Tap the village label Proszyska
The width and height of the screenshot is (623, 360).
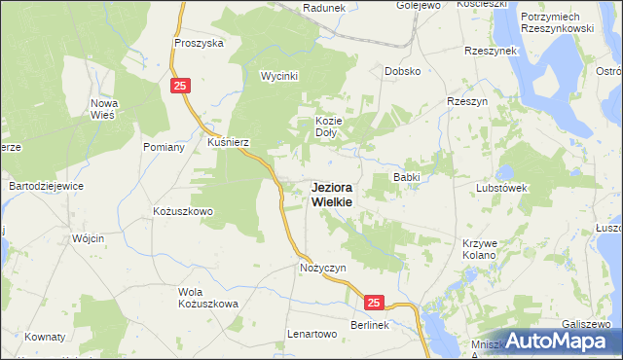[x=199, y=43]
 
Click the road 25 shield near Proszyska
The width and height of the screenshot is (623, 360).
[x=180, y=87]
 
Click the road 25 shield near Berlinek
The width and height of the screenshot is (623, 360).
[x=377, y=304]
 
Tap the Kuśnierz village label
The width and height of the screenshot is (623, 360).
[x=229, y=142]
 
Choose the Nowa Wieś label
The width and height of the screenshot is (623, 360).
[x=102, y=108]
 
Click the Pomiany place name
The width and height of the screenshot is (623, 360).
[x=164, y=147]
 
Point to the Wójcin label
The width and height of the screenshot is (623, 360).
[x=88, y=238]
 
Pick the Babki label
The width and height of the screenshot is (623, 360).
[x=405, y=177]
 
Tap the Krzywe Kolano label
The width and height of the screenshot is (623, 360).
[x=480, y=248]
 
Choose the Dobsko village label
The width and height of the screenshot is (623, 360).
[x=402, y=71]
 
